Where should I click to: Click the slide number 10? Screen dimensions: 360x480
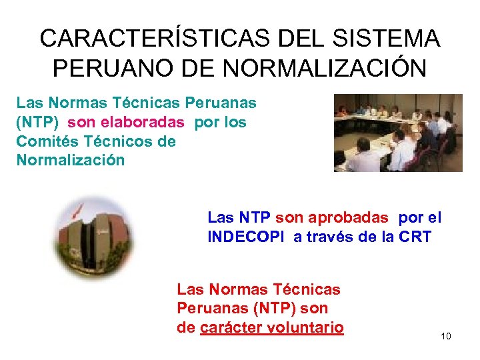tap(446, 336)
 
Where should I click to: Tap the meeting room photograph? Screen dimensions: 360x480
tap(398, 133)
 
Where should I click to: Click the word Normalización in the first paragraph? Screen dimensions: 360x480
tap(70, 160)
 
